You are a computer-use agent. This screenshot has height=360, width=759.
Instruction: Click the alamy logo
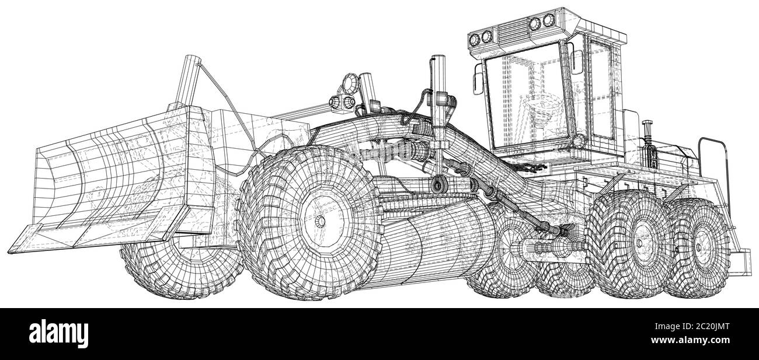[58, 334]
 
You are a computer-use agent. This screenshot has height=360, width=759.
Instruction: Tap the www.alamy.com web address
[690, 340]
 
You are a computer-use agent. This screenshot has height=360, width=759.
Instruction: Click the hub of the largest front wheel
[319, 222]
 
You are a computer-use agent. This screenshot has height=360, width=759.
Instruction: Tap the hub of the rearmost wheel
[699, 247]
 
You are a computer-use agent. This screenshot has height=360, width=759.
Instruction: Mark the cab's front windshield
[526, 96]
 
